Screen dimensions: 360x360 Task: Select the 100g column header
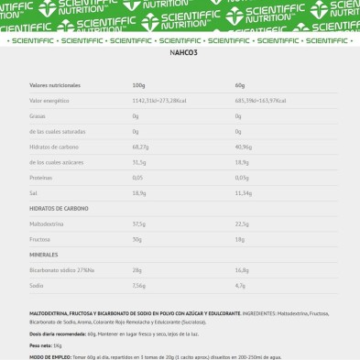click(138, 84)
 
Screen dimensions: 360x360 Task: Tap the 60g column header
click(239, 84)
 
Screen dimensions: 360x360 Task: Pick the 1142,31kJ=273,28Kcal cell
click(159, 100)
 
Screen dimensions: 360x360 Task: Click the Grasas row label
click(38, 115)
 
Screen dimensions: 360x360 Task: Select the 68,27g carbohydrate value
click(140, 147)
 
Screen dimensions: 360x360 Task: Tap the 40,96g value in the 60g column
click(243, 147)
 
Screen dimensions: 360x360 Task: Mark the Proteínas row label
click(41, 177)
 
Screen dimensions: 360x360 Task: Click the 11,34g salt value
click(243, 192)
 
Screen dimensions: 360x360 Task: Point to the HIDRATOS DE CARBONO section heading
click(59, 208)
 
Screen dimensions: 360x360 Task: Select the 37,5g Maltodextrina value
click(139, 224)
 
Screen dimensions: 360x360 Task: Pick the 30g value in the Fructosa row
click(136, 239)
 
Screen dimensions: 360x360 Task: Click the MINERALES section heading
click(44, 254)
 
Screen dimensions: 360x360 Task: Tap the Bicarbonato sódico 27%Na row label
click(61, 269)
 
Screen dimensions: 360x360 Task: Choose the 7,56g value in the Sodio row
click(138, 285)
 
